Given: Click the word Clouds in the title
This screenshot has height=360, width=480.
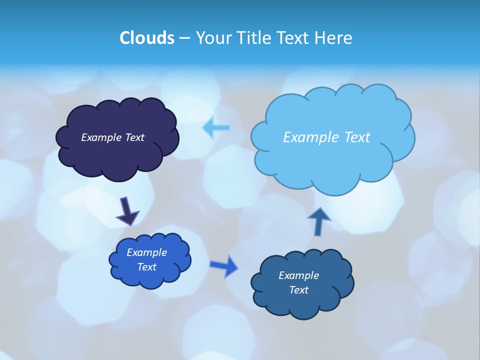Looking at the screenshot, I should [146, 37].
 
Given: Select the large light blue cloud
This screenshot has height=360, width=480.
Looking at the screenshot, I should [332, 160].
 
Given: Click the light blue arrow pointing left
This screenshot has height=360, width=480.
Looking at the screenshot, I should [216, 128].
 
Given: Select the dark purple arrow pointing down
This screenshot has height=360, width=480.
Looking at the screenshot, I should [127, 211].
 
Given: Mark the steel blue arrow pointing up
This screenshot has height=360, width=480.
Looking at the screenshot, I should [319, 221].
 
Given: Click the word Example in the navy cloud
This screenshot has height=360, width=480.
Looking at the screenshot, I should [101, 137].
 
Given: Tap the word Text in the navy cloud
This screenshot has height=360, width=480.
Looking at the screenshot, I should [134, 137].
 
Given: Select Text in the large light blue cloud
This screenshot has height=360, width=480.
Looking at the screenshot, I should [357, 137].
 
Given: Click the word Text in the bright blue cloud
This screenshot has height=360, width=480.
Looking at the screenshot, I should [147, 267].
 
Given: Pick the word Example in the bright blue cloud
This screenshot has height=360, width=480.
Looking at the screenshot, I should [147, 252].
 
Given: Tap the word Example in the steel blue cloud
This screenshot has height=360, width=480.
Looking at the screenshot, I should [299, 275].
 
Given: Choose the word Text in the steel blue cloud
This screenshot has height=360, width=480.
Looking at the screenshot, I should [299, 290].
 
